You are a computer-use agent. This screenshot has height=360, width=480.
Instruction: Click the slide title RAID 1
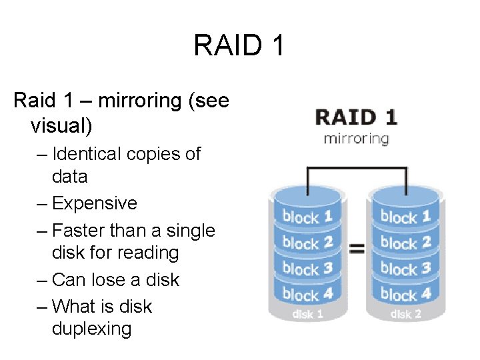tap(239, 45)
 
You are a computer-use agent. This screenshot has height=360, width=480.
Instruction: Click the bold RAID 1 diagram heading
tap(357, 117)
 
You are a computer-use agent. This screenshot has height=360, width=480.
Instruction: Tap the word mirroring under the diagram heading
tap(356, 139)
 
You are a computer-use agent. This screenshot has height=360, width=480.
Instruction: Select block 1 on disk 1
tap(307, 216)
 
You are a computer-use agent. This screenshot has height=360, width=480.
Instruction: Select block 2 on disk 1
tap(307, 242)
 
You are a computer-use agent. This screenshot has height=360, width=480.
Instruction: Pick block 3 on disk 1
tap(307, 268)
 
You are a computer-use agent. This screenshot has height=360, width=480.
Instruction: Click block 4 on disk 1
tap(307, 293)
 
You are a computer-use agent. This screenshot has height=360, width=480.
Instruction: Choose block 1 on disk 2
tap(405, 216)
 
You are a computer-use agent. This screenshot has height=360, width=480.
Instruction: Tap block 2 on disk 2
tap(405, 242)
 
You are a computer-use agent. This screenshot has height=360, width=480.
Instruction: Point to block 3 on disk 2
tap(405, 268)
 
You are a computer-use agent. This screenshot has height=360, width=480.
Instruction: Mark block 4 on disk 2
tap(405, 293)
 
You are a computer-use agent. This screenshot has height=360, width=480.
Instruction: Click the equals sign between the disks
tap(357, 249)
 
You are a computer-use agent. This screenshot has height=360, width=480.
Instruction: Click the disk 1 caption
tap(307, 313)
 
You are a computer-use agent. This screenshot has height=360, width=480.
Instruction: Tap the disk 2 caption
tap(405, 313)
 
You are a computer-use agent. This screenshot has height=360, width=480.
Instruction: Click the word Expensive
tap(94, 203)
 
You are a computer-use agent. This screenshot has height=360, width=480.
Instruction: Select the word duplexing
tap(91, 329)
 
